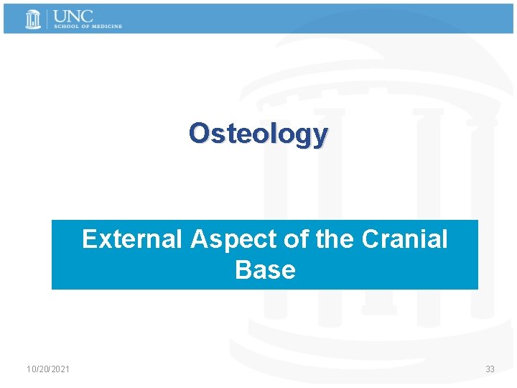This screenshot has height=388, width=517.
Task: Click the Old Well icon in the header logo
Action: point(33,19)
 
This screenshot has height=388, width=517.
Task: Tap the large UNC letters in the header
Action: point(74,16)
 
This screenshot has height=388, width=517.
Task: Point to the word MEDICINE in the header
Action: point(106,27)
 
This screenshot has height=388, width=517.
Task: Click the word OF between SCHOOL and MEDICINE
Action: point(84,27)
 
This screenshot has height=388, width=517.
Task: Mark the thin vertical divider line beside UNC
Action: point(48,19)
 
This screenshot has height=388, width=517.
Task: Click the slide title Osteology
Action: point(258,133)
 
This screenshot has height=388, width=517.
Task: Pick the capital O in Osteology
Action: point(199,133)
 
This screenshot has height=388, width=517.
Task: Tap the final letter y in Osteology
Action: point(320,136)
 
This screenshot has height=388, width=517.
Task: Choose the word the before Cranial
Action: point(336,239)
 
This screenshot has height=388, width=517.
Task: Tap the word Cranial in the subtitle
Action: point(404,239)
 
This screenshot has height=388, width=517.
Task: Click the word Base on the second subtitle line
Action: point(265,270)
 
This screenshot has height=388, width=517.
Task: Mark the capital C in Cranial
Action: point(371,239)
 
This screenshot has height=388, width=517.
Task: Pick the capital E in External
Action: point(90,239)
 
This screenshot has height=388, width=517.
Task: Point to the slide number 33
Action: point(490,369)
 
